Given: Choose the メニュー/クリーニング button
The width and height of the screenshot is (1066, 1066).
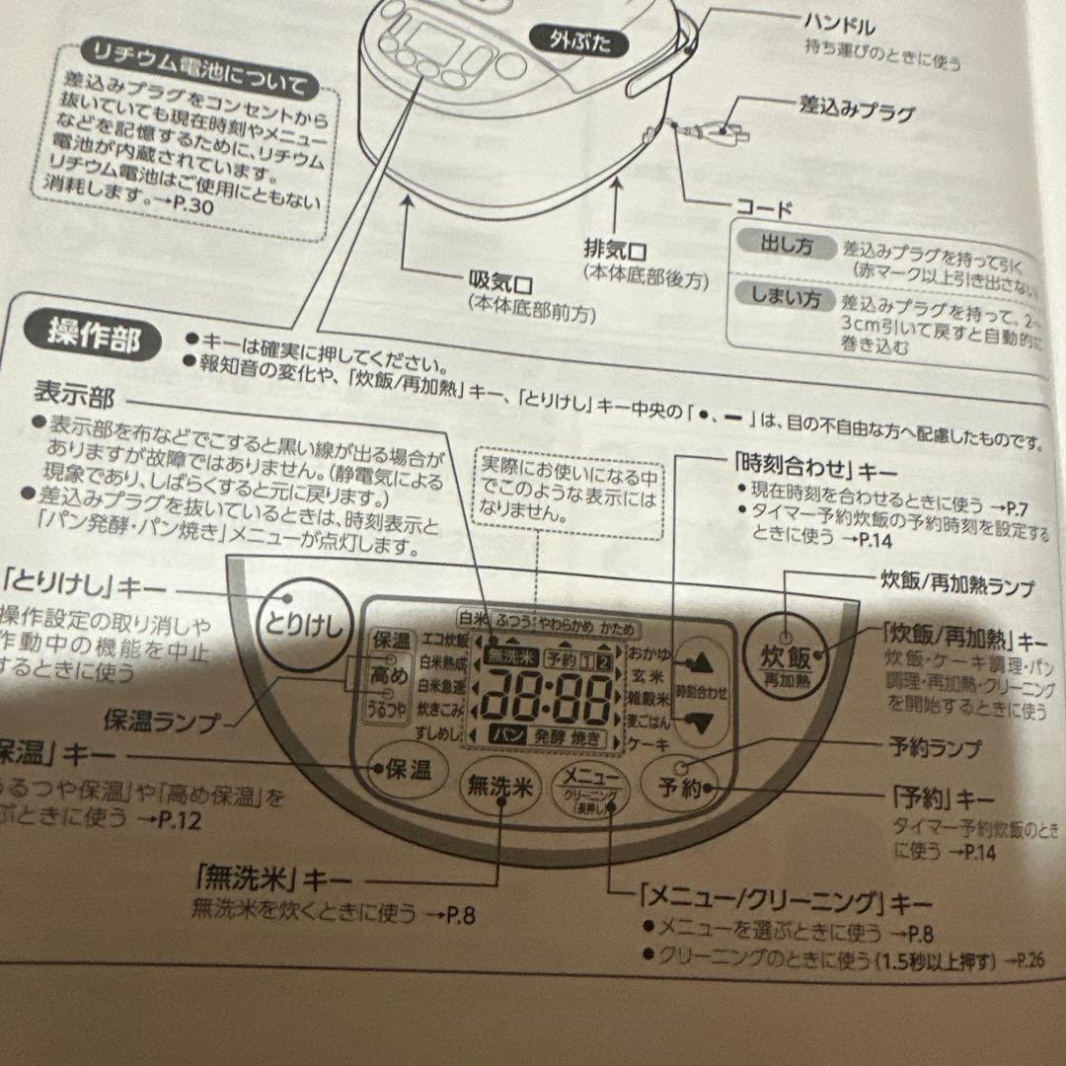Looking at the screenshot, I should pos(590,791).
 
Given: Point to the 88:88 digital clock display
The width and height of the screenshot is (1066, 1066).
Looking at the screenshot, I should pos(544,698).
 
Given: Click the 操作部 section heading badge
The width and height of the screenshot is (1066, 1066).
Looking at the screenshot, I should pos(95,336).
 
